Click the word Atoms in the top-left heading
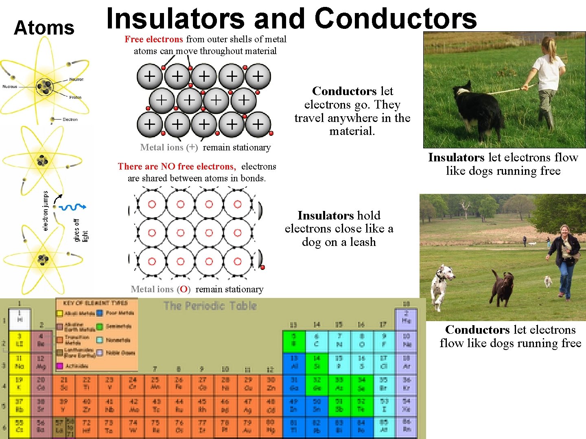[44, 28]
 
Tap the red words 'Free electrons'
[153, 39]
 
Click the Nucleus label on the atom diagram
[10, 86]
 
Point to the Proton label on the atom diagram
[75, 98]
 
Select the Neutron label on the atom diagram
[76, 79]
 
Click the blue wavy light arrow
[72, 207]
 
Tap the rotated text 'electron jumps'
[46, 211]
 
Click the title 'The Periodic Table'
[210, 306]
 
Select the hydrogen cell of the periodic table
[20, 319]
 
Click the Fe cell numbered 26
[179, 384]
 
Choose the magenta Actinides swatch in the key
[60, 366]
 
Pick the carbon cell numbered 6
[317, 341]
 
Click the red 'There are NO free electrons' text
[177, 166]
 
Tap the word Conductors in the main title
[395, 19]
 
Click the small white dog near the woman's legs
[548, 281]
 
